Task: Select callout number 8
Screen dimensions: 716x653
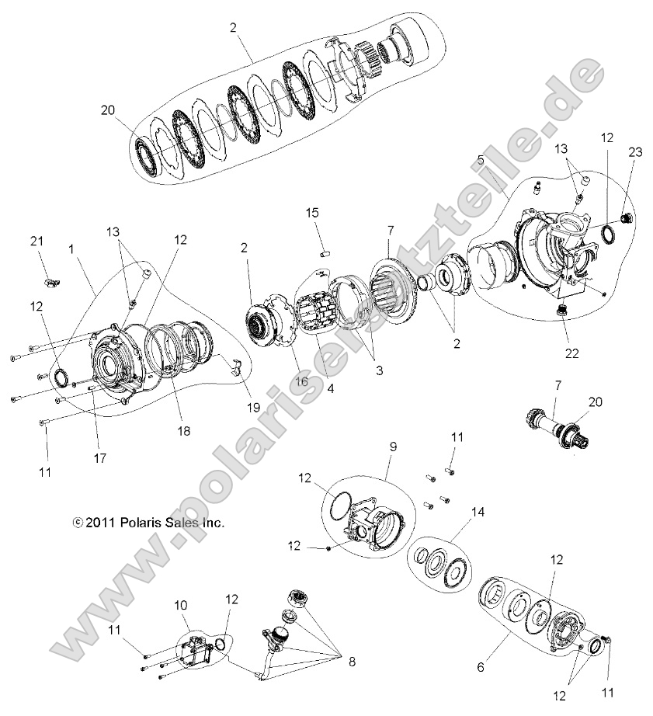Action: coord(352,662)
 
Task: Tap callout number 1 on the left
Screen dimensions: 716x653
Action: coord(71,251)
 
